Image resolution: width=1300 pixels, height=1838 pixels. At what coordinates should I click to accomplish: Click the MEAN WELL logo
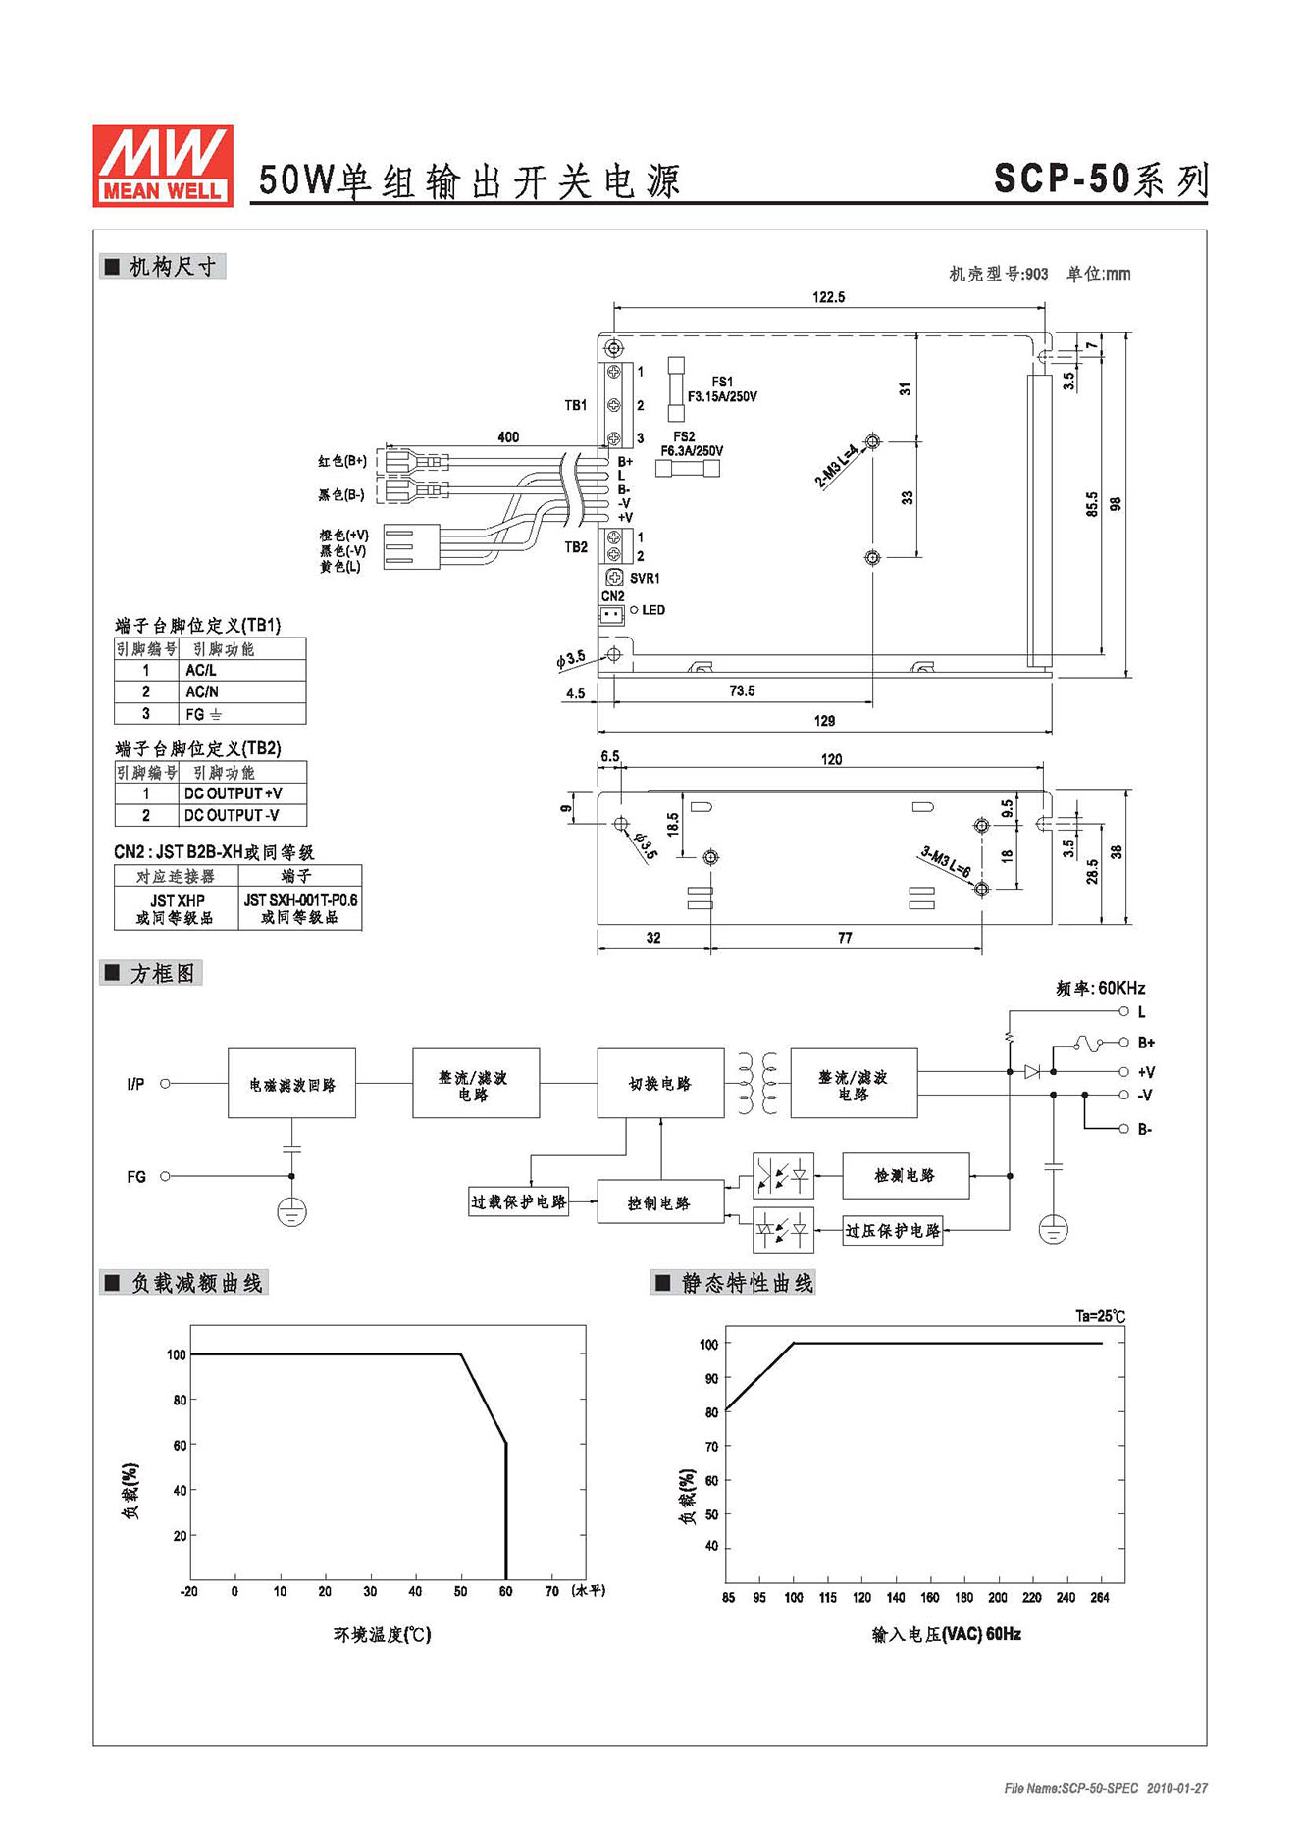pos(163,165)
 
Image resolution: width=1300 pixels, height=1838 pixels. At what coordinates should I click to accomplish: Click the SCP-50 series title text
pos(1101,179)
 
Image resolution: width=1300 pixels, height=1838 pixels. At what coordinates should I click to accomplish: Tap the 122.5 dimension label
pos(828,296)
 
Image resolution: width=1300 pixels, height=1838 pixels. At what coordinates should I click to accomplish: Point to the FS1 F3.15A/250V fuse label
pos(722,389)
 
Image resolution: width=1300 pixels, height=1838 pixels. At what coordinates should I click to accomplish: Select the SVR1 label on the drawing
pos(645,579)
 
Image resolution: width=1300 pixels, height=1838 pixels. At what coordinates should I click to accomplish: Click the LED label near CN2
pos(653,610)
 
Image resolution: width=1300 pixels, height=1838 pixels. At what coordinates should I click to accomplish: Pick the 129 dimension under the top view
pos(824,721)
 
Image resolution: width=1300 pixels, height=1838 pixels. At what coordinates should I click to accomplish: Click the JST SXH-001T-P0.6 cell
pos(299,907)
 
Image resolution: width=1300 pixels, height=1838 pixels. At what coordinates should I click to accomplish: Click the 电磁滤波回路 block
pos(291,1083)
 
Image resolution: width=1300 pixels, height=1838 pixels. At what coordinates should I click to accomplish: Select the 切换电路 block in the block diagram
pos(660,1083)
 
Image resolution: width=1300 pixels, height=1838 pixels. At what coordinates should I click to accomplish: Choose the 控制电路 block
pos(660,1202)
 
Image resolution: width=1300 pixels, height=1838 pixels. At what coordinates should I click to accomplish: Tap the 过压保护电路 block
pos(893,1230)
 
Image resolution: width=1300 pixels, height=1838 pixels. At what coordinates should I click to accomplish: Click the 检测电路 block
pos(906,1175)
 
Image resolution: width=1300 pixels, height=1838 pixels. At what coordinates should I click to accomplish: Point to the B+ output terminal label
pos(1146,1043)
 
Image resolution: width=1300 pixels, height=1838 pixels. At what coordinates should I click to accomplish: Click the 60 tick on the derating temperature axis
pos(505,1591)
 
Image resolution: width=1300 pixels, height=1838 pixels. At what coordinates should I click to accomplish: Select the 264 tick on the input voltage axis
pos(1100,1597)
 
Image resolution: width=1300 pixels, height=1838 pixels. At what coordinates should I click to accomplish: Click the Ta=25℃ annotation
pos(1101,1316)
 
